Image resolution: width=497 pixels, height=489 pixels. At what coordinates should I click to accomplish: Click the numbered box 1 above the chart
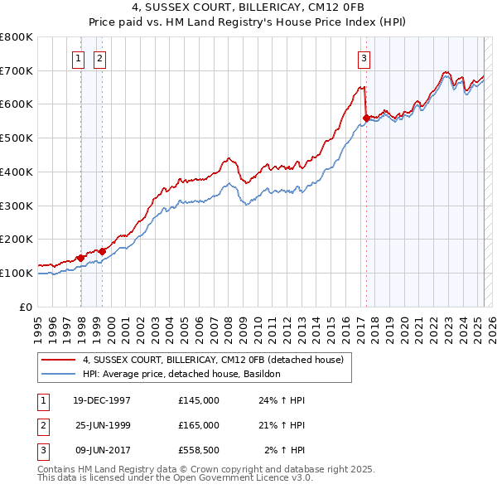click(78, 58)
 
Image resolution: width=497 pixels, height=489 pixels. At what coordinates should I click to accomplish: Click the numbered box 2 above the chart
click(99, 58)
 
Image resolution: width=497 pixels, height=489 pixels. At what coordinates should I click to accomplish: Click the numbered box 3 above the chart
click(364, 58)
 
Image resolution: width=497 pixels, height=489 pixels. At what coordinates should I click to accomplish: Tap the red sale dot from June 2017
click(366, 118)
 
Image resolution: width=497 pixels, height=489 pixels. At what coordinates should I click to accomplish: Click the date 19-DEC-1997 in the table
click(103, 400)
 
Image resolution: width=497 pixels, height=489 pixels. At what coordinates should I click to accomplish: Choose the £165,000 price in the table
click(199, 425)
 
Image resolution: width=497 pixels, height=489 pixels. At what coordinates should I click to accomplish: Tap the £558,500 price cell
click(199, 450)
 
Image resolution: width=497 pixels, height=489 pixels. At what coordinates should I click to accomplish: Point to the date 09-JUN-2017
click(103, 450)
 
